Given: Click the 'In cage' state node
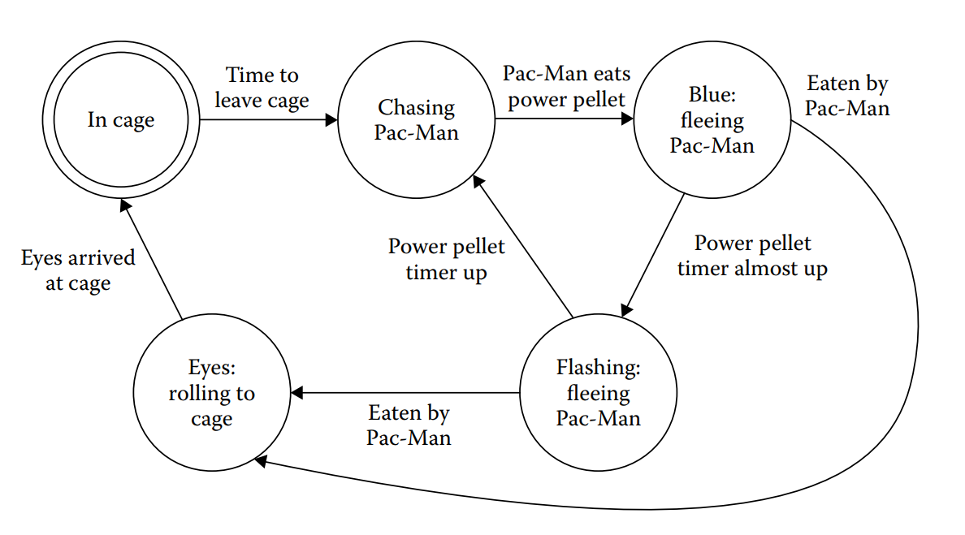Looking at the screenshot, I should (120, 120).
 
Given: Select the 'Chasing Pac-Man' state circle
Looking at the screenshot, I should (416, 119).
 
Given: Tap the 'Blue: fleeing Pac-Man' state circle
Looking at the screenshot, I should (712, 120).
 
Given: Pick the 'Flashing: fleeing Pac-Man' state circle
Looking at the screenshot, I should (598, 393).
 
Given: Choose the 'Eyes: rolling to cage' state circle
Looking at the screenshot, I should (211, 393).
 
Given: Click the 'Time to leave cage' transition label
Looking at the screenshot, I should (262, 88).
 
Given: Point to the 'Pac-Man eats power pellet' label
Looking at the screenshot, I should (566, 86).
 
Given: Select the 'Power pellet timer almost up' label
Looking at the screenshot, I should (752, 256).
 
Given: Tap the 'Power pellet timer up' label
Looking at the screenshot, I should (446, 259).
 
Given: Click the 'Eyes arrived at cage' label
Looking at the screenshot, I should (78, 270).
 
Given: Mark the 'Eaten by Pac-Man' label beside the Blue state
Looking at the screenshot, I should (847, 96).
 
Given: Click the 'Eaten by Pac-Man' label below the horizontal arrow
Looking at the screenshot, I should (409, 425).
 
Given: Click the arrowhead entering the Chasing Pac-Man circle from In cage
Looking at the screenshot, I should (331, 120).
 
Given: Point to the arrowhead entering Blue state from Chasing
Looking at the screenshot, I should (627, 120).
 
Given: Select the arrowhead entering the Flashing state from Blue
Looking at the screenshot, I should (625, 310).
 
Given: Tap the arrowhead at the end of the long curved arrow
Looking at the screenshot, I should (260, 460).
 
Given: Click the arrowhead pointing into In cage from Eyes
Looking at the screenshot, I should (124, 207).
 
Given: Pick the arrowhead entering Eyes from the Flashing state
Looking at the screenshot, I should (296, 393).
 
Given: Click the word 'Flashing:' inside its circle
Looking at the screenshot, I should (598, 368).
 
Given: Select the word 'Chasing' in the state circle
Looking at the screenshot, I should (416, 108).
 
